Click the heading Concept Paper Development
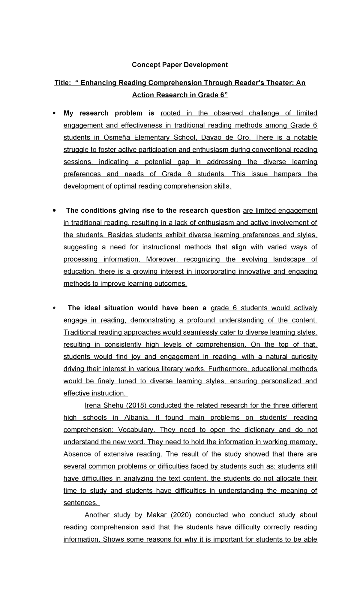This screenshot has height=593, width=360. [x=180, y=65]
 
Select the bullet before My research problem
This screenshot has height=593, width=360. [x=54, y=113]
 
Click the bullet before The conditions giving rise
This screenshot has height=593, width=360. [x=54, y=211]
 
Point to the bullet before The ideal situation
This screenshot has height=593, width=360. [x=54, y=308]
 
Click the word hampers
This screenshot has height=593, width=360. [x=287, y=174]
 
